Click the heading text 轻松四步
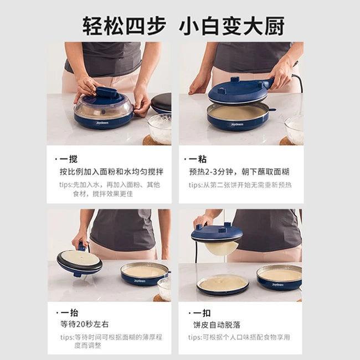(x=124, y=25)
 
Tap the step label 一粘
(x=198, y=158)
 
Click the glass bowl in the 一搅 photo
(x=160, y=128)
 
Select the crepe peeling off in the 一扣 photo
(x=221, y=248)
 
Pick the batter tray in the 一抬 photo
(x=145, y=273)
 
